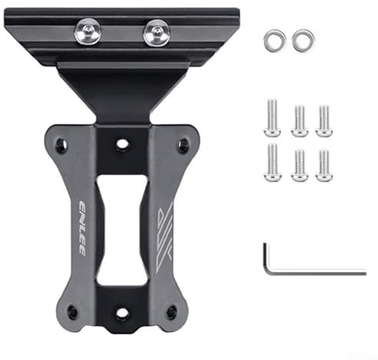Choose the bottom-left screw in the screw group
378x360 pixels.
[x=271, y=162]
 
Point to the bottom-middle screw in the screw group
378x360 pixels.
[x=298, y=164]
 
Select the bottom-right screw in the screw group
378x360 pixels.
[x=323, y=164]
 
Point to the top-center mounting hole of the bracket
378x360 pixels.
[x=121, y=144]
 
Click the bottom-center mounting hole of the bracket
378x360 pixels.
[x=121, y=313]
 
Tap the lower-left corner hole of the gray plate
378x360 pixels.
[x=71, y=312]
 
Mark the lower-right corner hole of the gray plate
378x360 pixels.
[x=171, y=312]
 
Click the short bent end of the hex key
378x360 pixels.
[x=267, y=258]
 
